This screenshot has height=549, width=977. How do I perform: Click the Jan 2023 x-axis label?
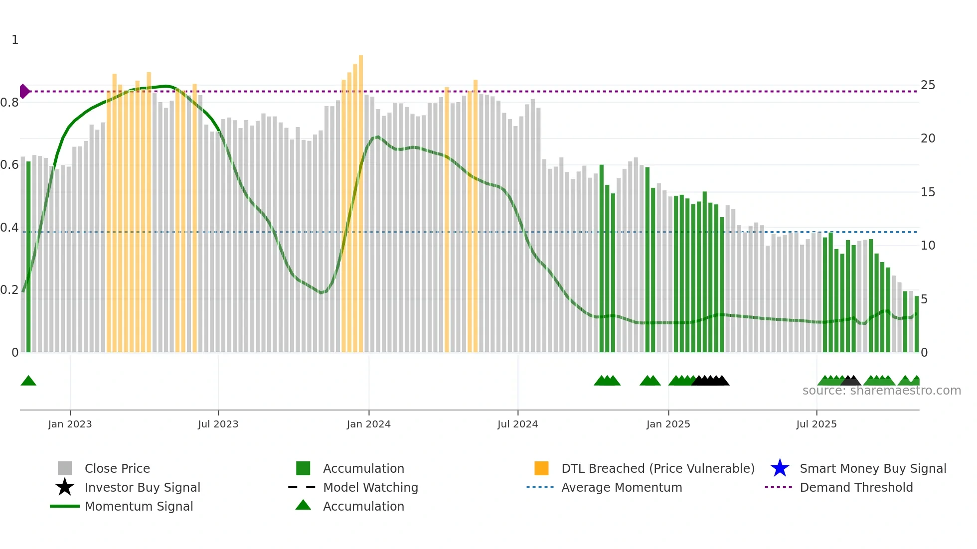tap(70, 424)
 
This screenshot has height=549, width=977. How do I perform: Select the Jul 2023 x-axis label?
tap(218, 424)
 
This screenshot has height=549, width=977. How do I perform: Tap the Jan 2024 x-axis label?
tap(368, 424)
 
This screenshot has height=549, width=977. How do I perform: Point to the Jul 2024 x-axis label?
tap(517, 424)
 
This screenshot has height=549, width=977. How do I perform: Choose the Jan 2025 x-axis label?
tap(668, 424)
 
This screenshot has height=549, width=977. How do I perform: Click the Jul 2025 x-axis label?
tap(816, 424)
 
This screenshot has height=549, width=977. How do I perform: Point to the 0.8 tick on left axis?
tap(9, 103)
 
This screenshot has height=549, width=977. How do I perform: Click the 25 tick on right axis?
tap(928, 85)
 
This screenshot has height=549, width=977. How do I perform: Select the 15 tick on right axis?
tap(928, 192)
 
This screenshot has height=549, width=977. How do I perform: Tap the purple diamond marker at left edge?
tap(24, 91)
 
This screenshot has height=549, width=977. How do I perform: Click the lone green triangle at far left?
tap(28, 381)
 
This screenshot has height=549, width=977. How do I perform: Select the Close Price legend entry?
tap(117, 468)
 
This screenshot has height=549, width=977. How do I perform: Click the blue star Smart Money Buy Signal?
tap(780, 468)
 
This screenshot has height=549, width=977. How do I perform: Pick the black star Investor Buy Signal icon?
tap(65, 487)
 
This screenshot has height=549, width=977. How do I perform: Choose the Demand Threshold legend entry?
tap(856, 487)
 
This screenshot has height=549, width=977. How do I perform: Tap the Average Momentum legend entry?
tap(621, 487)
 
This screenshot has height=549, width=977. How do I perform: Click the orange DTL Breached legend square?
tap(541, 468)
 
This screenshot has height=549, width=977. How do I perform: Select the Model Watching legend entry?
tap(370, 487)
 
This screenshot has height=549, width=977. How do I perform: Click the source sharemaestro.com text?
tap(881, 391)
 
